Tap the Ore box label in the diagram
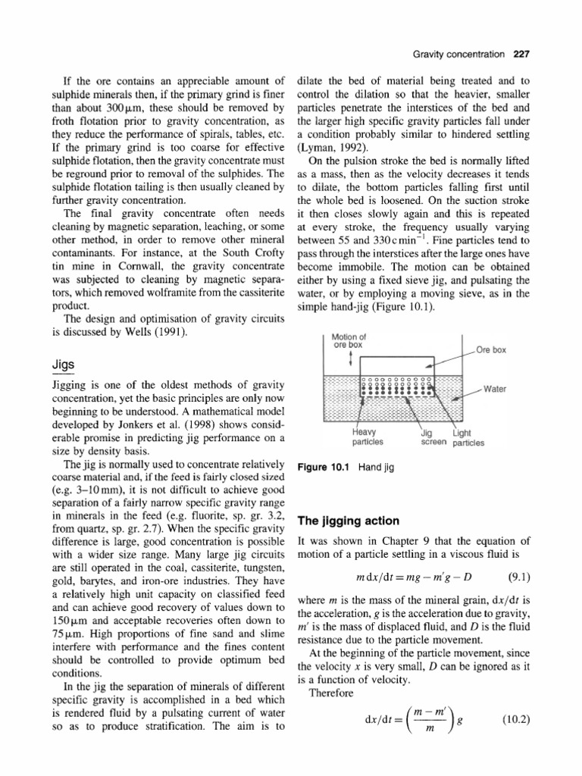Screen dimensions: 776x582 pyautogui.click(x=492, y=350)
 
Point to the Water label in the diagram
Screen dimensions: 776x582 pyautogui.click(x=496, y=389)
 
